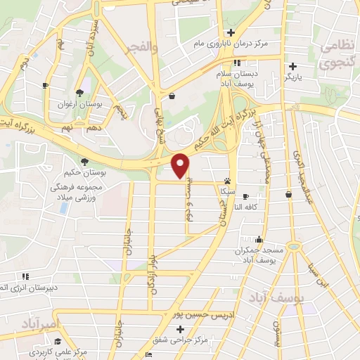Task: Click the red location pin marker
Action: tap(181, 165)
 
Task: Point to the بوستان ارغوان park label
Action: tap(81, 103)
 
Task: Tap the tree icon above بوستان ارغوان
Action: tap(81, 93)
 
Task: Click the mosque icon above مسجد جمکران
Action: tap(259, 240)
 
